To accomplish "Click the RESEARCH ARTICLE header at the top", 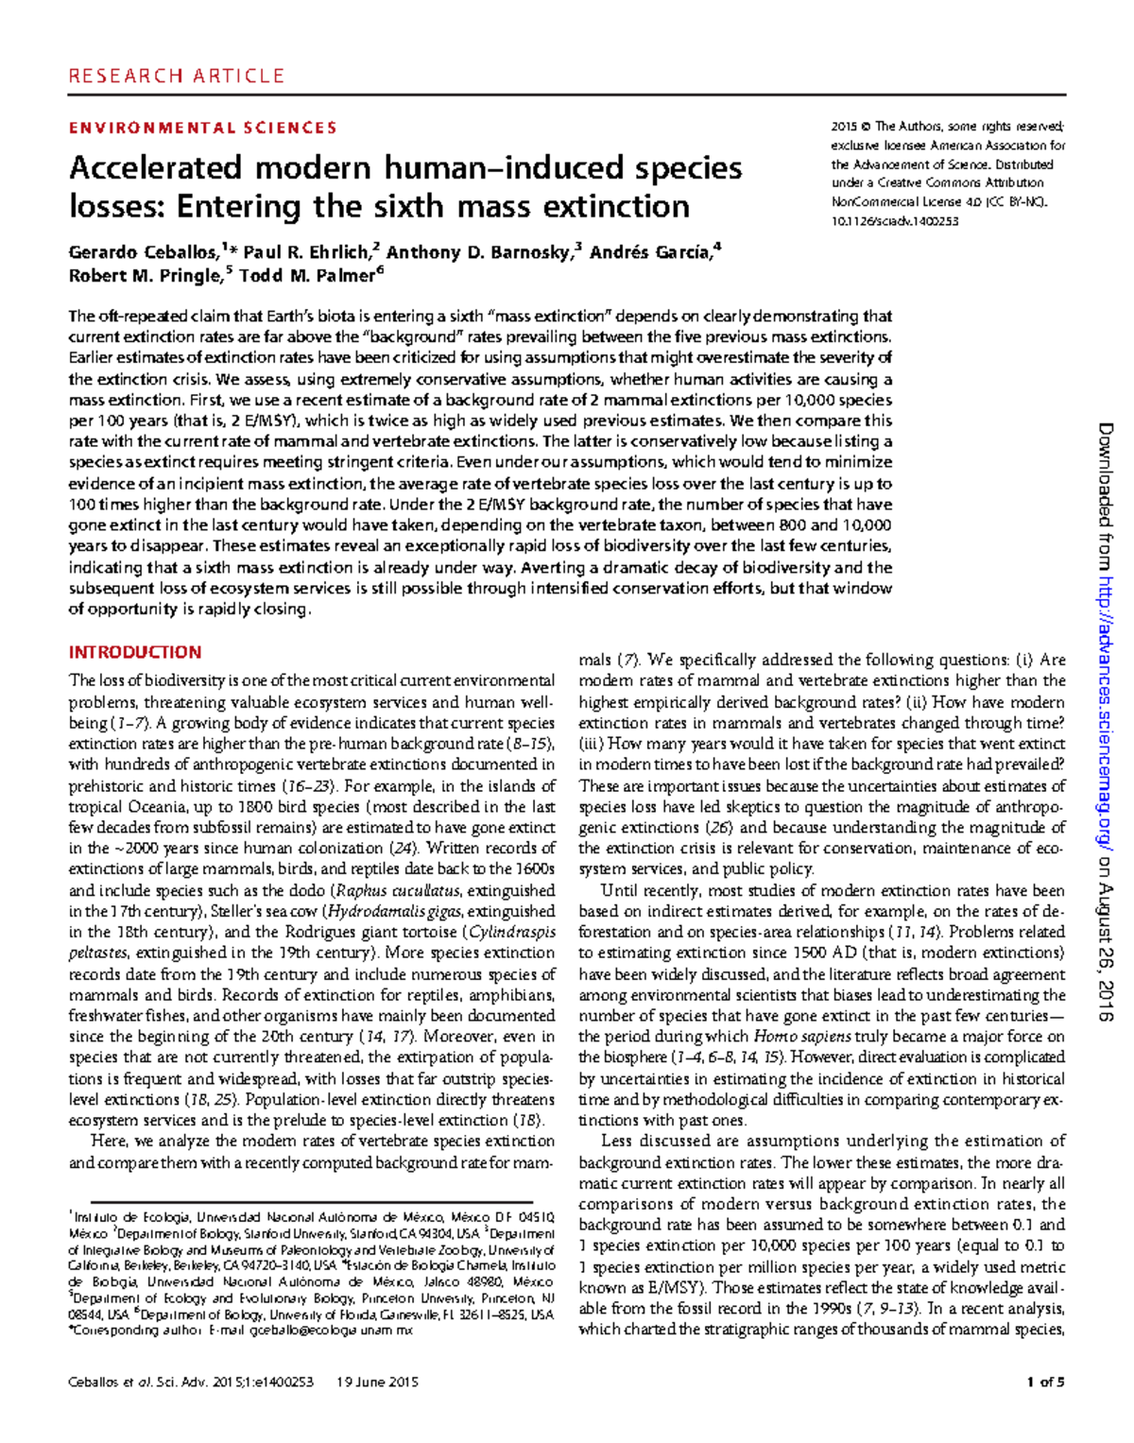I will coord(176,76).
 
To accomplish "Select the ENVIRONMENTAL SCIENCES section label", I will coord(202,128).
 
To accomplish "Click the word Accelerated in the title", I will coord(156,168).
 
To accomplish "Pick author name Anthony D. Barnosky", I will coord(478,252).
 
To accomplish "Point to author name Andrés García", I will coord(649,252).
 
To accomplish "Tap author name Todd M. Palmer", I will coord(307,276).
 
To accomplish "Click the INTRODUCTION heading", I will coord(135,652).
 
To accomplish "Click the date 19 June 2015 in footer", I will coord(377,1382).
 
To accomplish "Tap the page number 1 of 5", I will coord(1045,1382).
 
